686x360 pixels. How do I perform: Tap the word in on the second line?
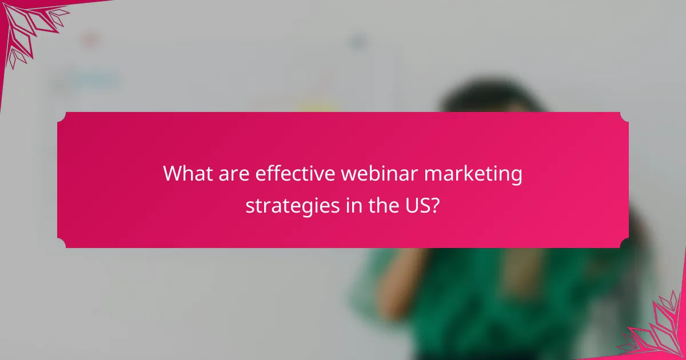[x=353, y=205]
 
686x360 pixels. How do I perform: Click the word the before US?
[x=384, y=205]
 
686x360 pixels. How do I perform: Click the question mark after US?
[x=436, y=205]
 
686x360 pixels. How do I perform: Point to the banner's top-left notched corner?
[x=61, y=116]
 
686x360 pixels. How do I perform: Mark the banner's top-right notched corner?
[x=624, y=116]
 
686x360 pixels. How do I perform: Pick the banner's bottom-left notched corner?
[x=61, y=244]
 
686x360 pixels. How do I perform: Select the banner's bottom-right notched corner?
[x=624, y=244]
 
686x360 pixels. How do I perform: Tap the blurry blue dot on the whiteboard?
[x=358, y=41]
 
